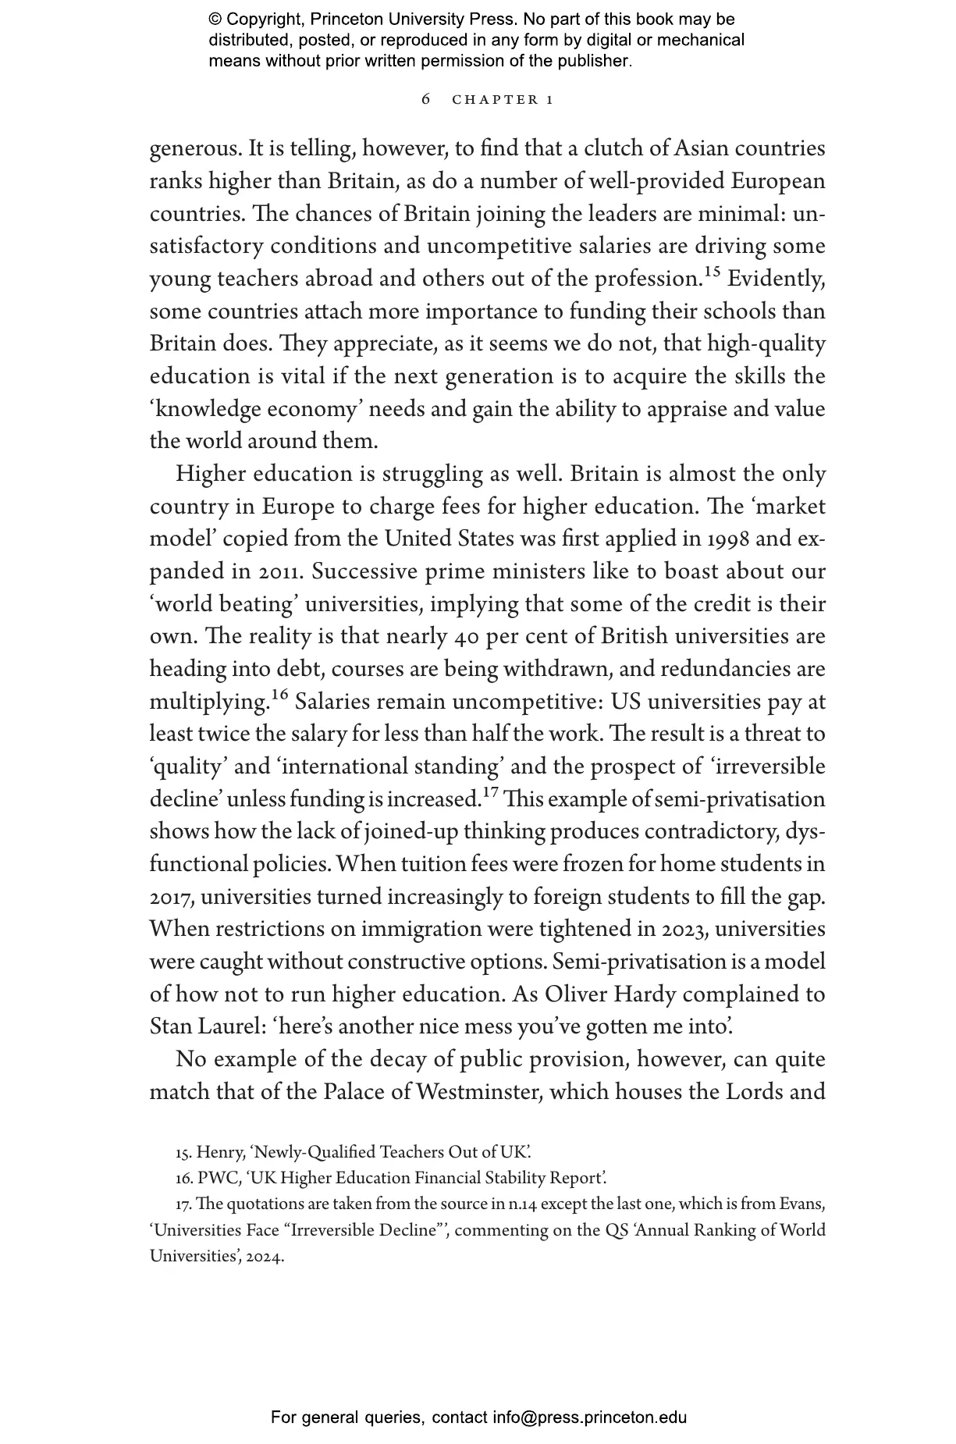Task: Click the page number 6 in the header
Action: [x=425, y=99]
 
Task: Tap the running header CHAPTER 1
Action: [x=503, y=100]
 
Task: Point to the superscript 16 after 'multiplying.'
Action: [x=279, y=695]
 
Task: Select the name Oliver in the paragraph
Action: [x=576, y=995]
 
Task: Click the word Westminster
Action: [x=478, y=1092]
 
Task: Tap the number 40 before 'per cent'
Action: [x=466, y=637]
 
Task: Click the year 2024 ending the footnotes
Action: [x=265, y=1257]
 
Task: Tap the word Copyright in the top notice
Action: [x=265, y=20]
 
